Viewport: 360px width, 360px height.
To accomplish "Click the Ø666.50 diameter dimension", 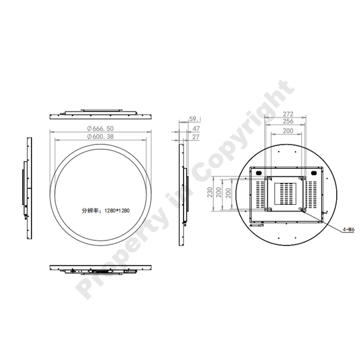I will (x=101, y=128).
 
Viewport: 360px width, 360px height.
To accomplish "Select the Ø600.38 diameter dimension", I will (x=101, y=136).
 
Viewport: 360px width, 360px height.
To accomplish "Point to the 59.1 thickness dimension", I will (x=195, y=119).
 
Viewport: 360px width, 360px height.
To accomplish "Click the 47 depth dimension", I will (x=196, y=129).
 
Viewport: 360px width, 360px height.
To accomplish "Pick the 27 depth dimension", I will (x=196, y=136).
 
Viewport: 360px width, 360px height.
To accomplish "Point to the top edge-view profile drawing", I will (x=100, y=112).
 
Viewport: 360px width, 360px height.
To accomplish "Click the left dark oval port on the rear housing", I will (x=259, y=173).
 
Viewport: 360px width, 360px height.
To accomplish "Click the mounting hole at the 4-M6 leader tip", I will (x=302, y=210).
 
